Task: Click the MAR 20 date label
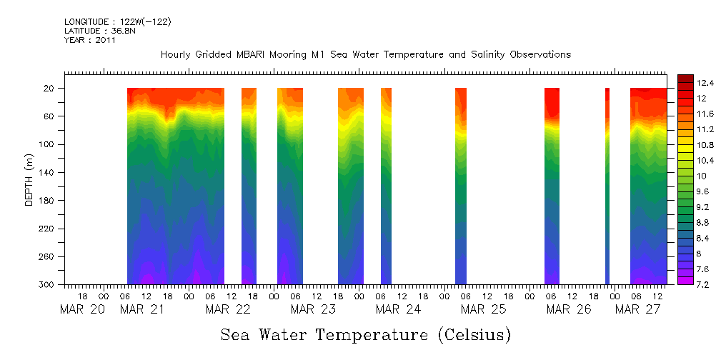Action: [x=82, y=309]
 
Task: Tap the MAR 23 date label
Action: [x=313, y=309]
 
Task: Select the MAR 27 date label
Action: [x=637, y=309]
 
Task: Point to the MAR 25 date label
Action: [x=483, y=309]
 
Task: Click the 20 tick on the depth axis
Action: [x=50, y=89]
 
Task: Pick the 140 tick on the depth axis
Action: [x=47, y=173]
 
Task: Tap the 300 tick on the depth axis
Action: [x=47, y=285]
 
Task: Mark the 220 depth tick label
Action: [x=47, y=229]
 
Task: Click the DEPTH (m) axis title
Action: [x=29, y=179]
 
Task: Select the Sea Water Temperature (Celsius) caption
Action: [x=365, y=335]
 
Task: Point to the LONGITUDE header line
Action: [x=117, y=22]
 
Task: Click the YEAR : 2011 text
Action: [x=89, y=40]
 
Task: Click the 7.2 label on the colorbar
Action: [x=684, y=284]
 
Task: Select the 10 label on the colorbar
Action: [x=682, y=176]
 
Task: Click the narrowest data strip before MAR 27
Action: [x=607, y=186]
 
